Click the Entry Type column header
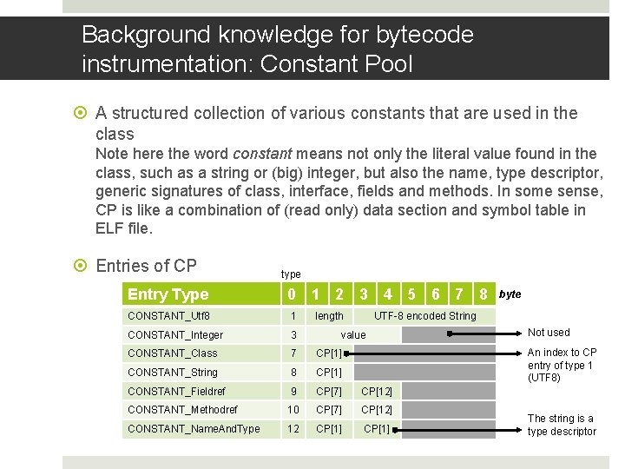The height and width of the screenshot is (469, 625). pyautogui.click(x=168, y=294)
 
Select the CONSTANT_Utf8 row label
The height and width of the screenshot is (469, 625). pyautogui.click(x=168, y=316)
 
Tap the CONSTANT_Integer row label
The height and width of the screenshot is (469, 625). pyautogui.click(x=175, y=335)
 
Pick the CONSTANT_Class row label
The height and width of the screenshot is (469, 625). pyautogui.click(x=173, y=353)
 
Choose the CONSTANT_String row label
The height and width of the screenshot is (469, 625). pyautogui.click(x=173, y=373)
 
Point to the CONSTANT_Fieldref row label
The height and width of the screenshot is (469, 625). pyautogui.click(x=178, y=391)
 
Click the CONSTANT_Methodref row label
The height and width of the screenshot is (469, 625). pyautogui.click(x=182, y=409)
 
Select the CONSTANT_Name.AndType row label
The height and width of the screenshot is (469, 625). pyautogui.click(x=194, y=428)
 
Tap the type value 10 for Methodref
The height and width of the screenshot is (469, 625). pyautogui.click(x=293, y=409)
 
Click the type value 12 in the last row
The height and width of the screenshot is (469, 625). pyautogui.click(x=293, y=428)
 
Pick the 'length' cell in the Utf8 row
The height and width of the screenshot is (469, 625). pyautogui.click(x=329, y=316)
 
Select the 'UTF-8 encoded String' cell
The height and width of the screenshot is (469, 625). pyautogui.click(x=424, y=316)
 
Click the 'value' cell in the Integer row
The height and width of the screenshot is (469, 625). pyautogui.click(x=353, y=335)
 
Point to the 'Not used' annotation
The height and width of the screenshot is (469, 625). pyautogui.click(x=549, y=333)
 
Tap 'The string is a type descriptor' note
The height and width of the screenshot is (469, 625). pyautogui.click(x=562, y=425)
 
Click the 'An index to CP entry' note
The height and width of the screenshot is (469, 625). pyautogui.click(x=562, y=365)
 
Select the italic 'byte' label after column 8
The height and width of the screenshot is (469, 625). pyautogui.click(x=510, y=294)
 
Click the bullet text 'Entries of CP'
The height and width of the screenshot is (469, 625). pyautogui.click(x=146, y=266)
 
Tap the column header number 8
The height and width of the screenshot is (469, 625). pyautogui.click(x=483, y=294)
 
